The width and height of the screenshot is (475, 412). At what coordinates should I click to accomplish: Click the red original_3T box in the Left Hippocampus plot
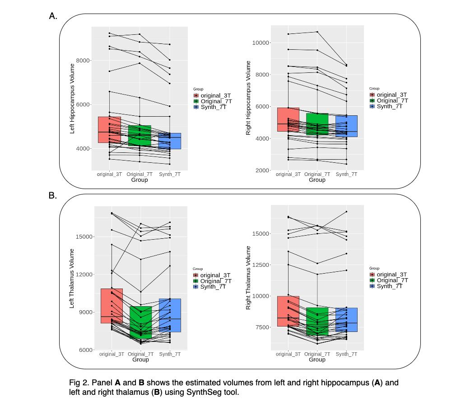[x=109, y=129]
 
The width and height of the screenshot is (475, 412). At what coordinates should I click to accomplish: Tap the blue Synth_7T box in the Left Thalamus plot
[x=170, y=315]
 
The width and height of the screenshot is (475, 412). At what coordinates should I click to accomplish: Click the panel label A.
[x=53, y=16]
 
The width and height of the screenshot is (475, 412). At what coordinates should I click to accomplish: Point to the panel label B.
[x=53, y=196]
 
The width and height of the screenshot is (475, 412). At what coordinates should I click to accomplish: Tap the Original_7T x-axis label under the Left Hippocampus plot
[x=140, y=175]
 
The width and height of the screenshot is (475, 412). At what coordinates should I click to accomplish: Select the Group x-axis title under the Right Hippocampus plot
[x=317, y=180]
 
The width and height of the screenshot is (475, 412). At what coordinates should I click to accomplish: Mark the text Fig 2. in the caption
[x=79, y=383]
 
